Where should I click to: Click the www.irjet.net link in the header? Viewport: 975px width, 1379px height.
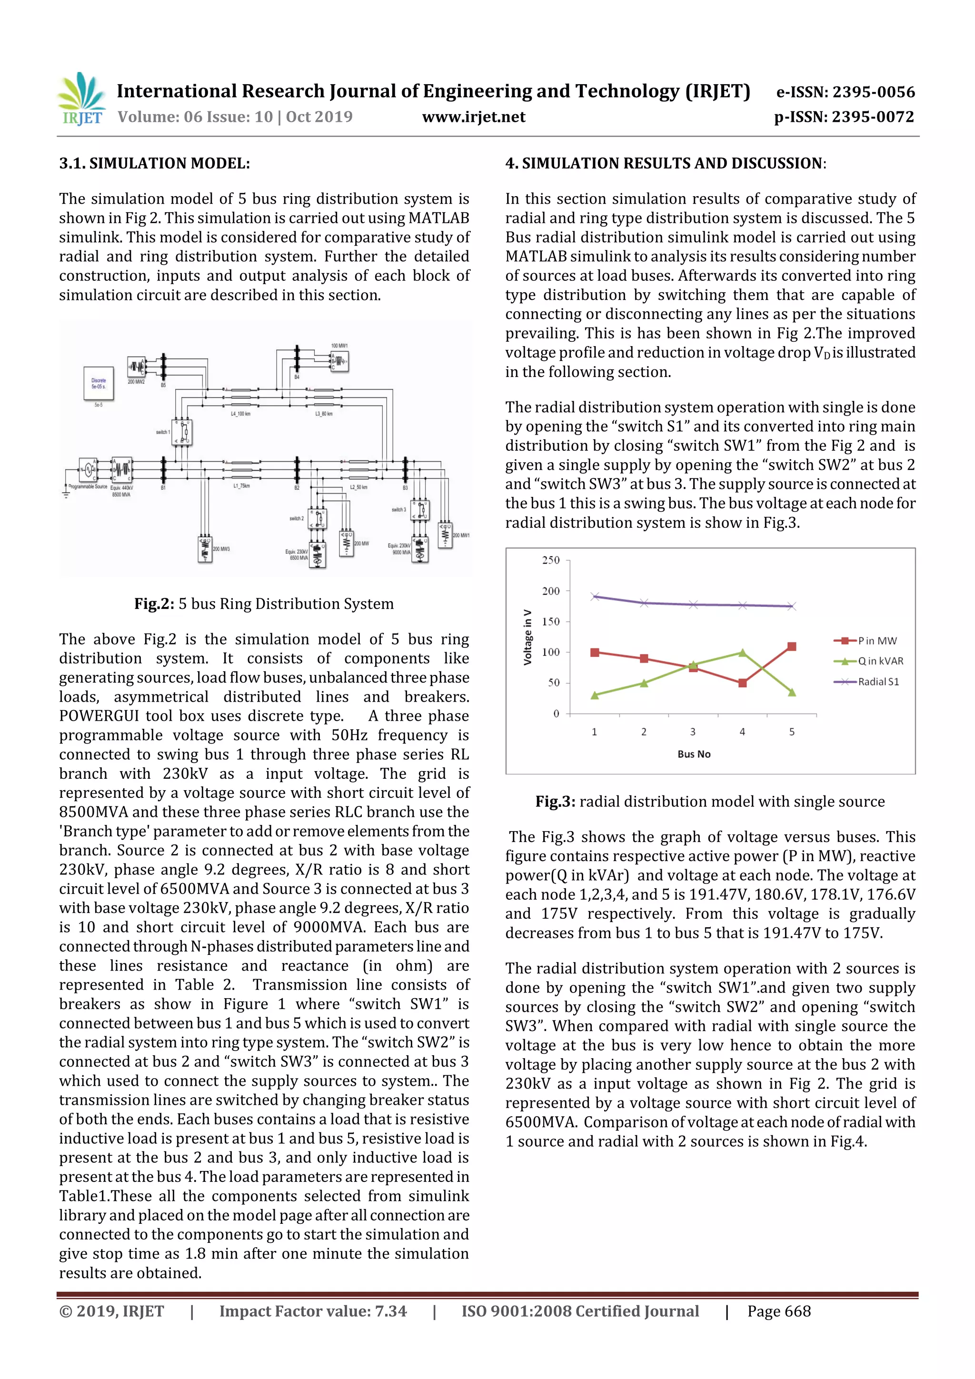pyautogui.click(x=473, y=117)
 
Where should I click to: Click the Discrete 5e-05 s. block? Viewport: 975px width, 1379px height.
pyautogui.click(x=99, y=383)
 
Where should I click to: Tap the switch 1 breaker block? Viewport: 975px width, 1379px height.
pyautogui.click(x=183, y=432)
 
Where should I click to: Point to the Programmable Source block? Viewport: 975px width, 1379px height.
pyautogui.click(x=88, y=468)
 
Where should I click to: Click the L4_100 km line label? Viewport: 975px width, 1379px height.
pyautogui.click(x=240, y=414)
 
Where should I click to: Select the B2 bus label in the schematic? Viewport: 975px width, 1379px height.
pyautogui.click(x=297, y=488)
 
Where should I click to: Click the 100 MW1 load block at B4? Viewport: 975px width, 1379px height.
pyautogui.click(x=340, y=361)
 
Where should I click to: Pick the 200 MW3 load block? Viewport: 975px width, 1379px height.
pyautogui.click(x=205, y=549)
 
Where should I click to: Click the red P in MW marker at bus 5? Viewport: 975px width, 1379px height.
pyautogui.click(x=792, y=647)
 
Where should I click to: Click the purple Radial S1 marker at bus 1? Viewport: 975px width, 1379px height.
pyautogui.click(x=595, y=596)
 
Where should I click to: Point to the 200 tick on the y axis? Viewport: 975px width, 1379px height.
pyautogui.click(x=550, y=591)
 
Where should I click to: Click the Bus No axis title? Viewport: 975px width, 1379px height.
pyautogui.click(x=694, y=754)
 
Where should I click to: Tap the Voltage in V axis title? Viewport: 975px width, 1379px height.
pyautogui.click(x=528, y=637)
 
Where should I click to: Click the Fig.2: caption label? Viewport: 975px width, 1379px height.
pyautogui.click(x=154, y=604)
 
